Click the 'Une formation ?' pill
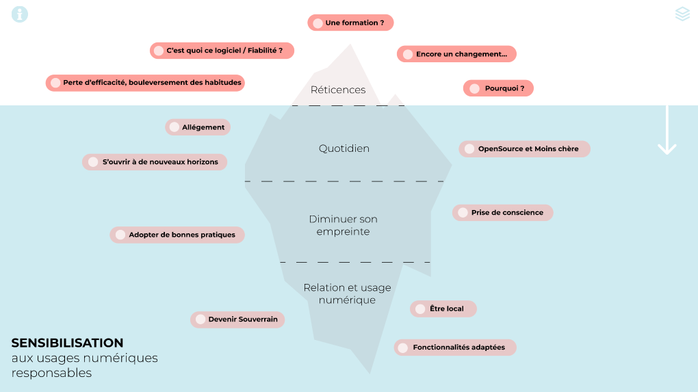350,23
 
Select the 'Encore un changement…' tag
456,54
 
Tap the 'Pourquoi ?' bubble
498,88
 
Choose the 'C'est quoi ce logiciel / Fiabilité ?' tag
222,51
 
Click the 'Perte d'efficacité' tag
145,83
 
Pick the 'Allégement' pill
198,127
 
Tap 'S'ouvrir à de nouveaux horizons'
155,162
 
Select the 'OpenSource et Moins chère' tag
524,148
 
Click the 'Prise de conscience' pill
502,213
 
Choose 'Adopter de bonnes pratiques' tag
177,235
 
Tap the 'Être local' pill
443,309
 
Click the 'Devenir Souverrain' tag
237,319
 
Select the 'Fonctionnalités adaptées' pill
454,348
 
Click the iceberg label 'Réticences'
338,90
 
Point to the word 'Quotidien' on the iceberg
344,148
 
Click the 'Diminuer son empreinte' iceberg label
343,225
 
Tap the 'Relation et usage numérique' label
347,293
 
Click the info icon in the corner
20,14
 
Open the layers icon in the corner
682,14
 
